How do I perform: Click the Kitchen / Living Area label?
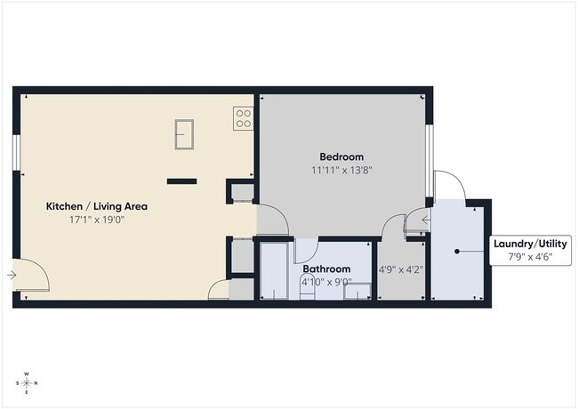point(97,206)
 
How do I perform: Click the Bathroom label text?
point(326,269)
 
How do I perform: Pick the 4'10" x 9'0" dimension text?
point(327,283)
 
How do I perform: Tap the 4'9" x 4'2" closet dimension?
point(400,269)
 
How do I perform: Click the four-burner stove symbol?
point(243,118)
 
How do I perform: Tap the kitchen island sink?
point(185,135)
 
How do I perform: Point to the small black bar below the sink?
point(181,180)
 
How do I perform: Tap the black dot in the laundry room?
point(457,252)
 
